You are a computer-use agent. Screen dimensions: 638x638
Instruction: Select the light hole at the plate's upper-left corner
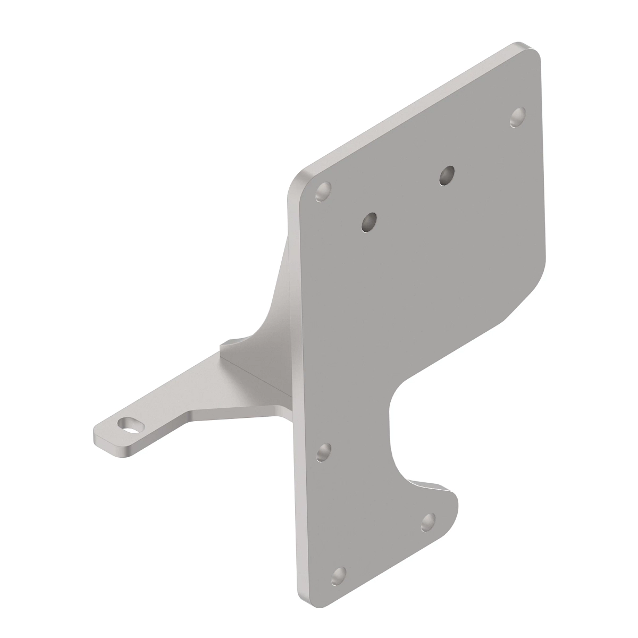(323, 191)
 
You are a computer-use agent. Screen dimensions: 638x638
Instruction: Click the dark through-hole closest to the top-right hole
(447, 175)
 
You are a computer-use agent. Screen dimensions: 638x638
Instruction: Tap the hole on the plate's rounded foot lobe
(429, 522)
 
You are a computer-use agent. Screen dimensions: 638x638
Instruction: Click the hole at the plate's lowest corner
(338, 576)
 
